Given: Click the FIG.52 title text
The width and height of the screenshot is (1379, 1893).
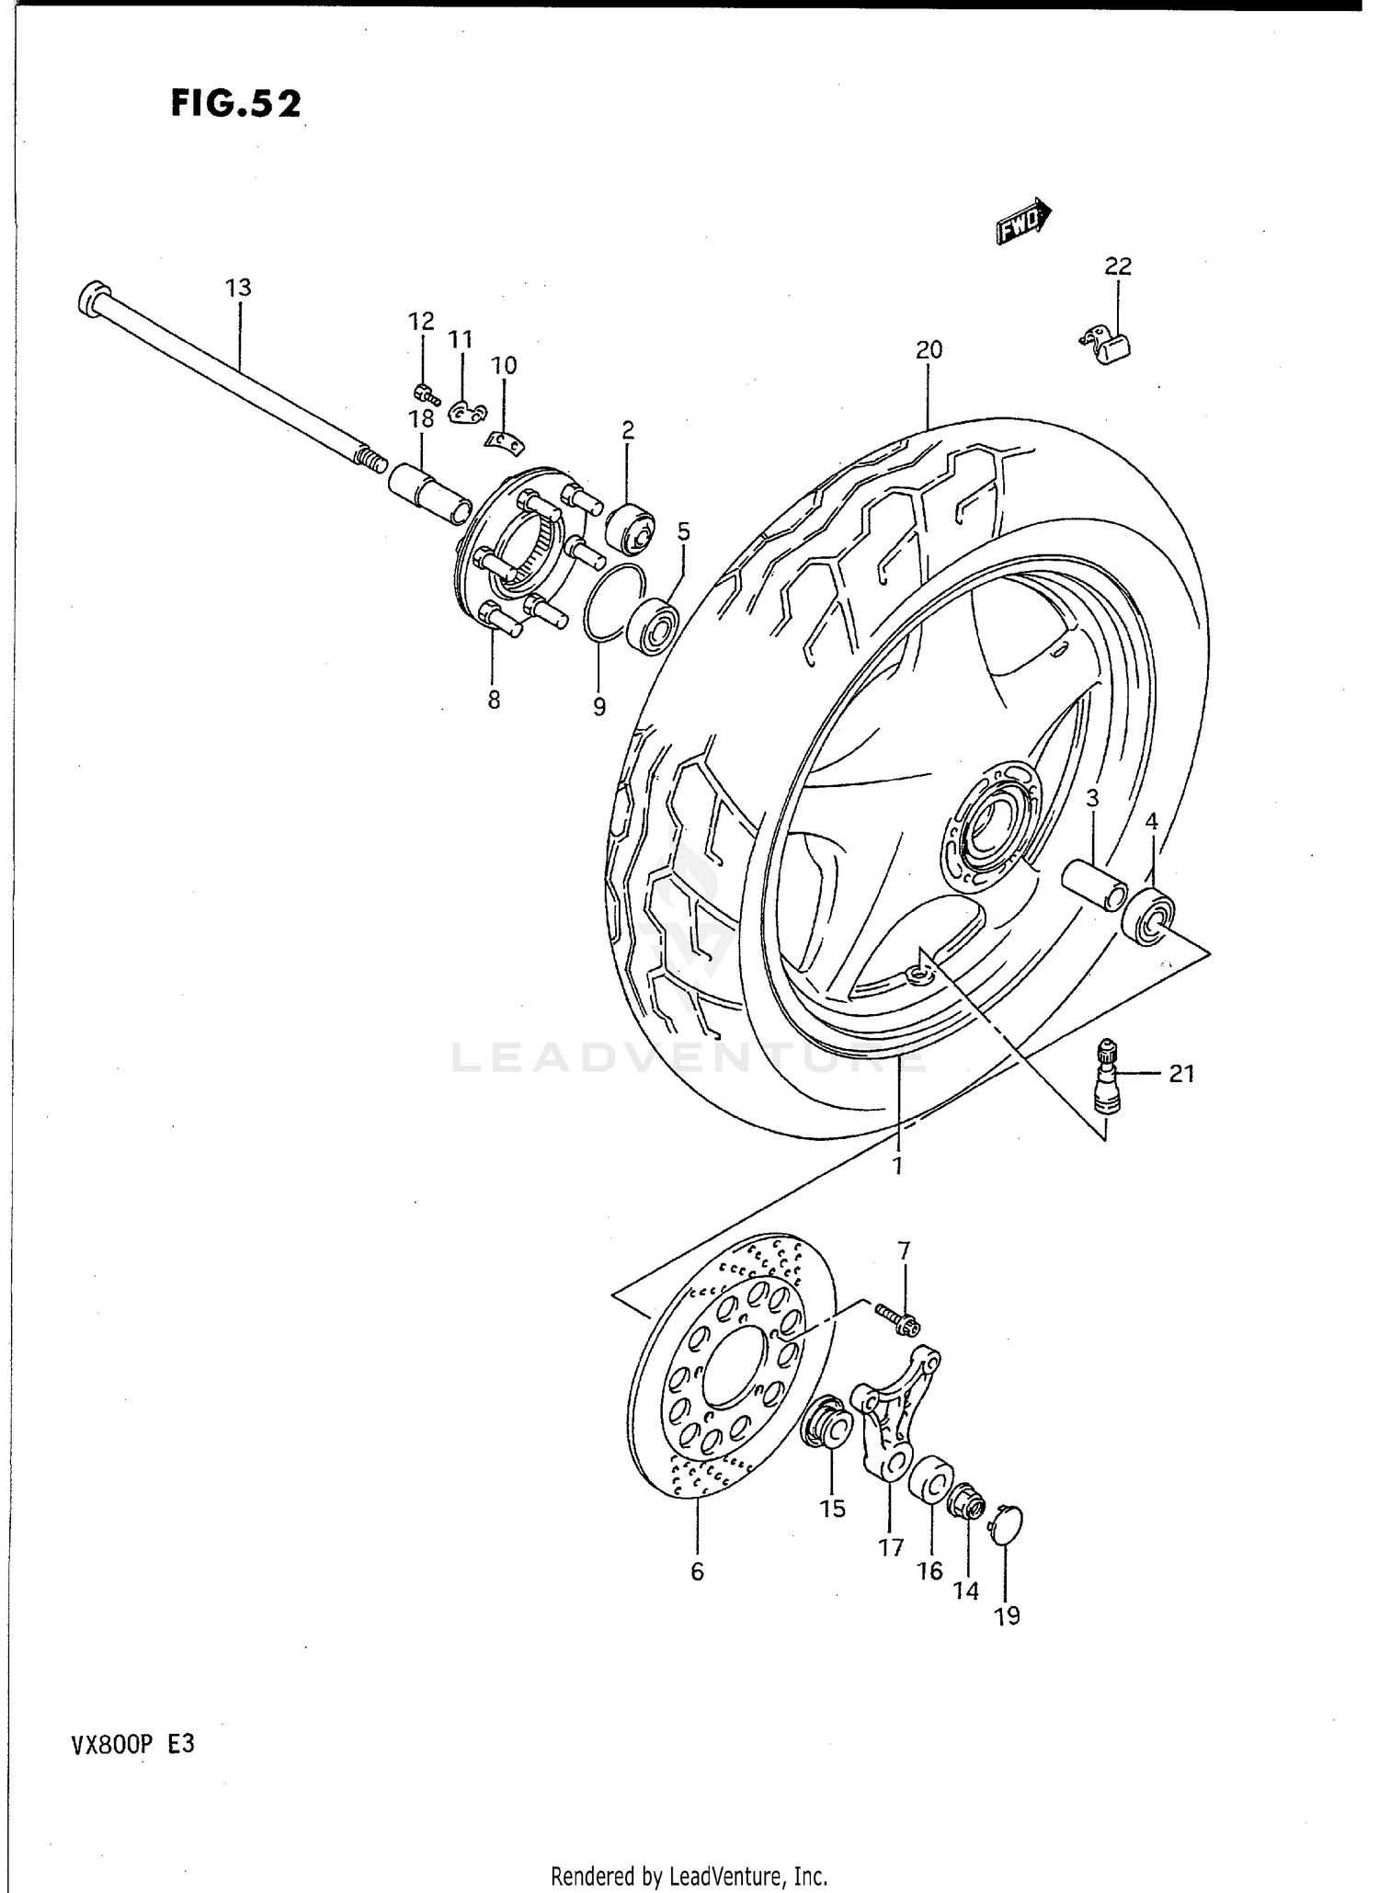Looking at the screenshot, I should (235, 104).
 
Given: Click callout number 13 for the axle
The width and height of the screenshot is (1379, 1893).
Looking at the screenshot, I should (238, 288).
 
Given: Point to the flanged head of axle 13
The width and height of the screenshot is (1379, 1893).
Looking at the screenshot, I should (92, 300).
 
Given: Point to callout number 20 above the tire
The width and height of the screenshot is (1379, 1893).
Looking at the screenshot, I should (929, 349).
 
